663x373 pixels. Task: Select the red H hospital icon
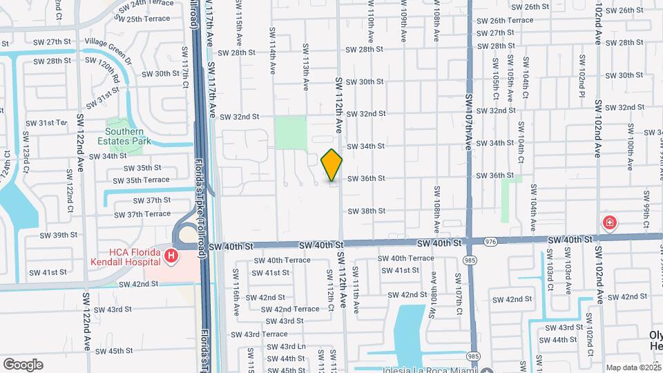click(x=171, y=257)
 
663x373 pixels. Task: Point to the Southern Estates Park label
click(x=124, y=136)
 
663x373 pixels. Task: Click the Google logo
click(x=23, y=365)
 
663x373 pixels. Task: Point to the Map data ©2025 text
click(x=633, y=367)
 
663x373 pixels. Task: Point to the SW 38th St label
click(x=365, y=211)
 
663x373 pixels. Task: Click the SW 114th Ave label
click(x=273, y=59)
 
